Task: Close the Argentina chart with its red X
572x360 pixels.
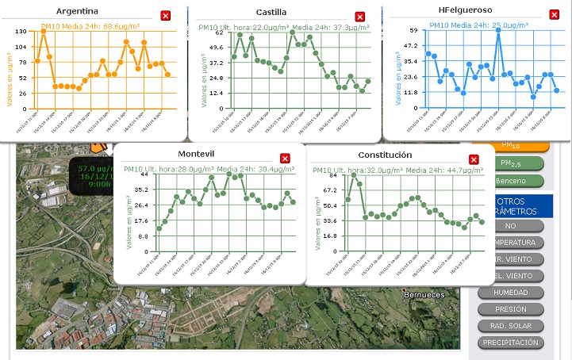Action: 165,16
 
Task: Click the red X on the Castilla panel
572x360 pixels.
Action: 359,17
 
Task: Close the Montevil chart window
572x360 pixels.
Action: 286,159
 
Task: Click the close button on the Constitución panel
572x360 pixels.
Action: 474,159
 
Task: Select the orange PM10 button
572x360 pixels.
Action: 510,146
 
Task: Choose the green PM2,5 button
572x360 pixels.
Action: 510,163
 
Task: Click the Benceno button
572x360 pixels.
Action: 510,181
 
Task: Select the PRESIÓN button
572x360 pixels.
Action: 510,309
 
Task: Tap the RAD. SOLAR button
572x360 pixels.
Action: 510,326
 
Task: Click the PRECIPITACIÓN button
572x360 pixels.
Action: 510,343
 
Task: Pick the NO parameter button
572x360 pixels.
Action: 510,226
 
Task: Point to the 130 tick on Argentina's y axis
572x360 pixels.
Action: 21,30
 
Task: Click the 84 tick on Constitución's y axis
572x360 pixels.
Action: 332,175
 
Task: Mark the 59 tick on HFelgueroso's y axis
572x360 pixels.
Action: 413,30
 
